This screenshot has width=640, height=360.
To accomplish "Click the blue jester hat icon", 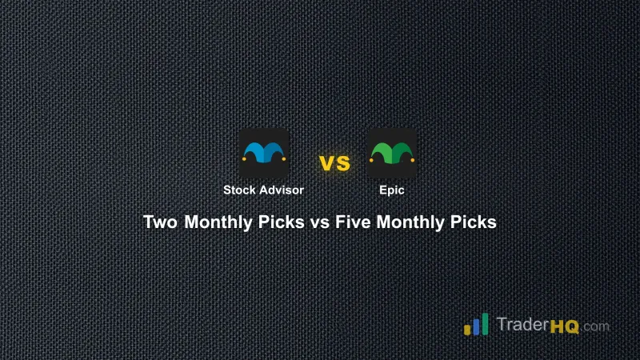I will click(x=264, y=152).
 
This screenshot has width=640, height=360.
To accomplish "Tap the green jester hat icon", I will click(x=392, y=152).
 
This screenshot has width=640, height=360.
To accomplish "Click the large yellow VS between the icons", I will click(x=335, y=163).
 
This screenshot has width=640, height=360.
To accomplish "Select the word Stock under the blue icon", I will click(x=239, y=190).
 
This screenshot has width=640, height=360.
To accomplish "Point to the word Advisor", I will click(x=281, y=190).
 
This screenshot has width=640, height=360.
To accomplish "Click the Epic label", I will click(x=392, y=190).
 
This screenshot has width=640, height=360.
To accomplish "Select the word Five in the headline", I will click(x=352, y=222).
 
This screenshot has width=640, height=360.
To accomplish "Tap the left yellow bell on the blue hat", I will click(x=243, y=160).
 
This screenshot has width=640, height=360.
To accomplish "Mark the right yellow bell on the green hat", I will click(x=414, y=160).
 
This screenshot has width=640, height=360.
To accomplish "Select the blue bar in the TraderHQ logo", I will click(x=477, y=325).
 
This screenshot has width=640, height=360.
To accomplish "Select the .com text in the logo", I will click(x=595, y=326).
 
